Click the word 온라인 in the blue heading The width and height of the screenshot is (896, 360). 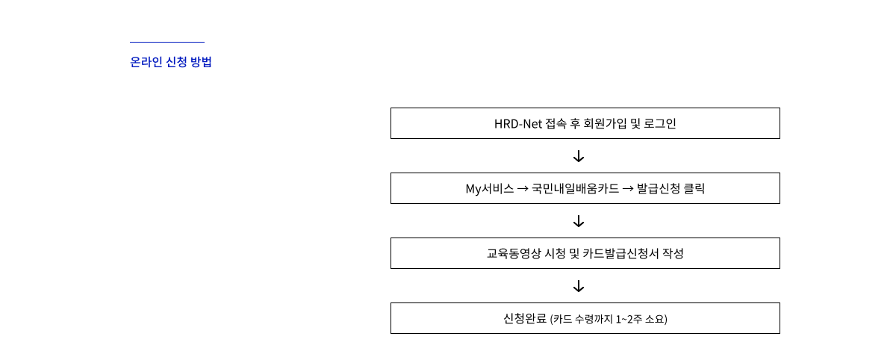(145, 63)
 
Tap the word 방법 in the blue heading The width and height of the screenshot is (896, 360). (201, 63)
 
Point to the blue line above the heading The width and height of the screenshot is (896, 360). (167, 43)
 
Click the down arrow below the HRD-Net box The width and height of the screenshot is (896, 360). (578, 157)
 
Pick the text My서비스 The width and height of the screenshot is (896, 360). (489, 189)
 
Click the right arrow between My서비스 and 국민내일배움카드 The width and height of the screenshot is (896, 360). (523, 189)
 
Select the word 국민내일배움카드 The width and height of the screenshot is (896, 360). (575, 189)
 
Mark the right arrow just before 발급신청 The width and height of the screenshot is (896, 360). (628, 189)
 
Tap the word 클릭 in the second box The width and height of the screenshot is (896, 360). (694, 189)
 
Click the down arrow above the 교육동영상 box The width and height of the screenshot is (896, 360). (578, 222)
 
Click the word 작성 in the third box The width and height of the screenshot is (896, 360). (672, 254)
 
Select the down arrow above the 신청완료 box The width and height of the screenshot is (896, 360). (578, 287)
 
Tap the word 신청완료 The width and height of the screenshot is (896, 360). (525, 319)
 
